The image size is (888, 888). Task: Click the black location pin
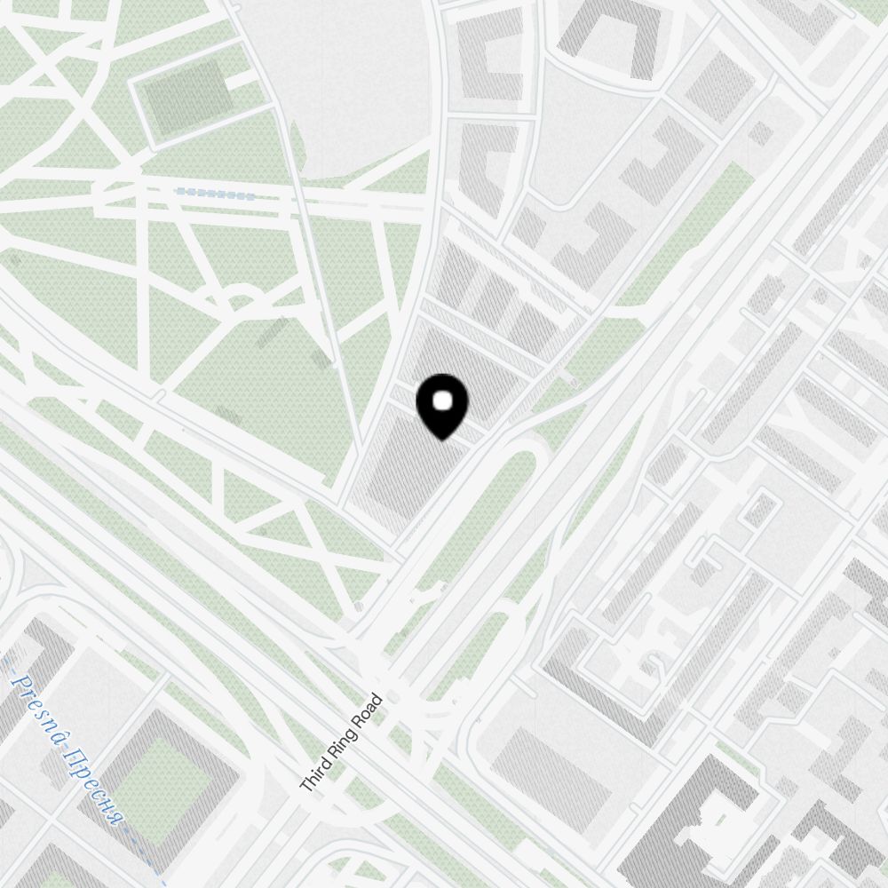click(x=441, y=404)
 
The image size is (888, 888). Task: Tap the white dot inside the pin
click(x=441, y=401)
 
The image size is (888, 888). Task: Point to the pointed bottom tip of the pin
click(x=441, y=440)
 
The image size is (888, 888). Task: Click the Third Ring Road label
click(x=341, y=743)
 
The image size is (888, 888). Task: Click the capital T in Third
click(x=305, y=787)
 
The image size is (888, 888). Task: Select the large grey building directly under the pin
click(x=413, y=466)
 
